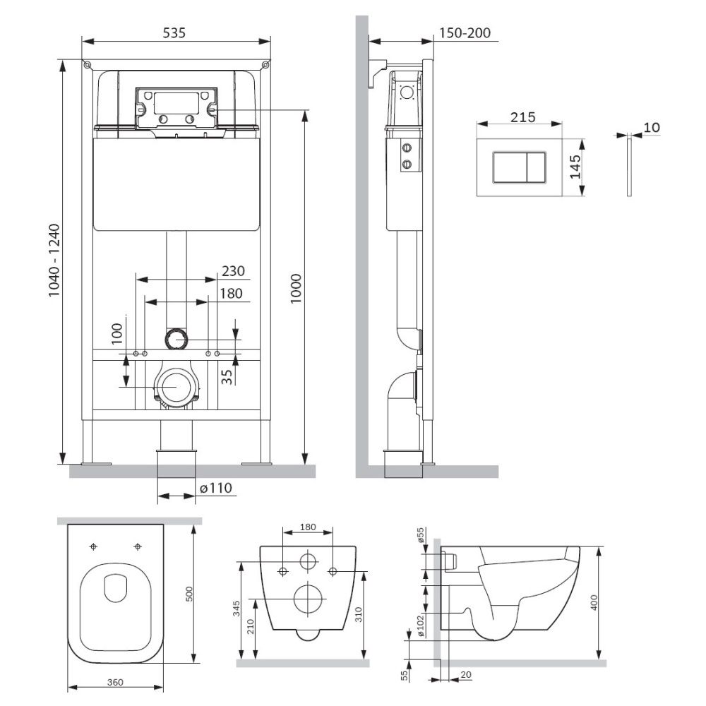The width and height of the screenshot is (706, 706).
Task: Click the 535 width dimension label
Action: tap(174, 33)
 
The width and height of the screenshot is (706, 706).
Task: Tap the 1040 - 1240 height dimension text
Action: tap(54, 261)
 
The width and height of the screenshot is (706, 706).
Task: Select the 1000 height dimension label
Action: tap(295, 289)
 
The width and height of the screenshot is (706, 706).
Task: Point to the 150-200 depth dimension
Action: tap(465, 33)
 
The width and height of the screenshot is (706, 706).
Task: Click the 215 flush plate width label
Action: tap(522, 117)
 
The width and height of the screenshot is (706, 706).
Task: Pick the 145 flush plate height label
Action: tap(575, 167)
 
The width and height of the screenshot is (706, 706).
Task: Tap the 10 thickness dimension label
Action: tap(652, 127)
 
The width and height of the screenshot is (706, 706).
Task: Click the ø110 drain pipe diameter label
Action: tap(215, 488)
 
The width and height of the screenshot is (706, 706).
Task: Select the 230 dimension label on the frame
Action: tap(233, 271)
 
